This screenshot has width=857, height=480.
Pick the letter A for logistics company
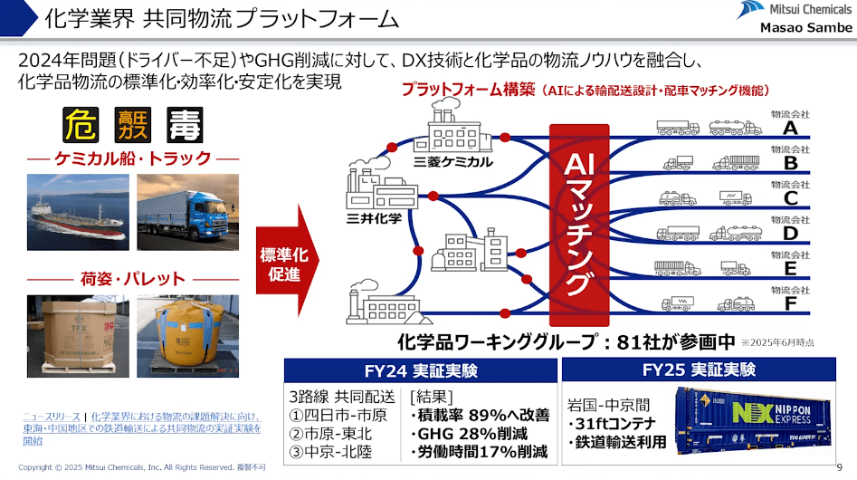(x=790, y=129)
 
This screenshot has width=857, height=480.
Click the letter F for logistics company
(x=790, y=304)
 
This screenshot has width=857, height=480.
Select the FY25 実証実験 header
(x=705, y=370)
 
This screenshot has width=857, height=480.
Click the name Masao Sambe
(x=805, y=28)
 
